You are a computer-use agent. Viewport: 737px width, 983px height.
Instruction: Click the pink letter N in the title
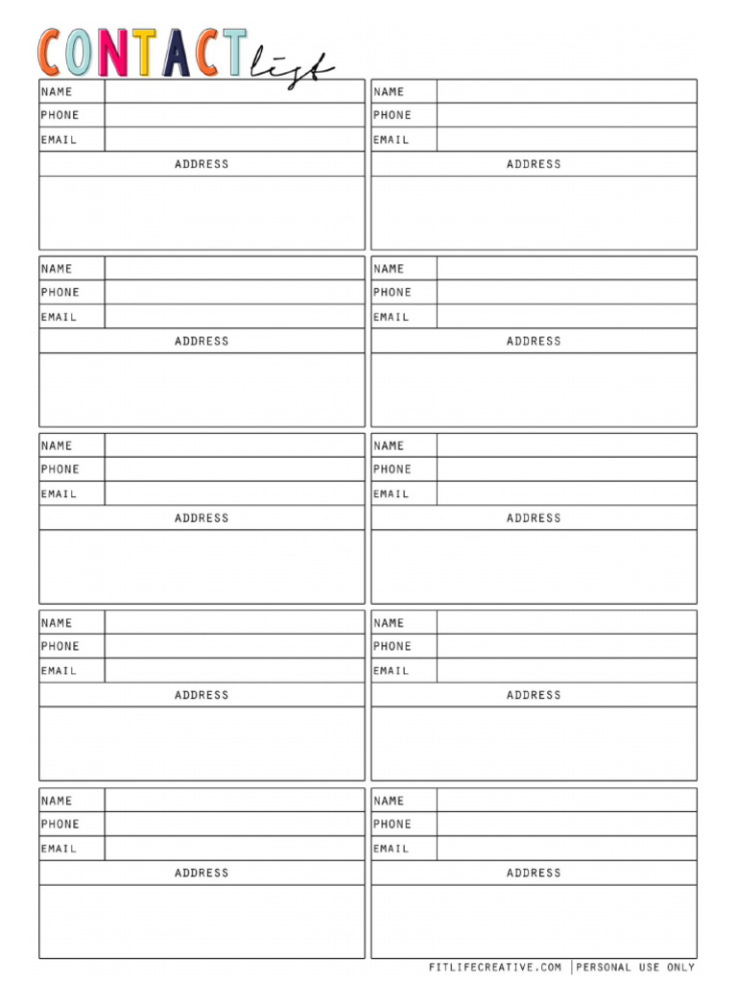[x=112, y=54]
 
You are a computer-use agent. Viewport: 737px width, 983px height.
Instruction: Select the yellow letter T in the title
[x=144, y=54]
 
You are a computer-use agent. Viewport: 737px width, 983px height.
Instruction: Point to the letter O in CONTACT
[x=81, y=54]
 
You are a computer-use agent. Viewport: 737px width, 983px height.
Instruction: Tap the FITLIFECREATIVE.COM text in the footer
[x=495, y=967]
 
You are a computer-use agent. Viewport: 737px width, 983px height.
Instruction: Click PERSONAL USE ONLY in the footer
[x=635, y=967]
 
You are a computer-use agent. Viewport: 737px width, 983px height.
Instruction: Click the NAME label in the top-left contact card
[x=57, y=92]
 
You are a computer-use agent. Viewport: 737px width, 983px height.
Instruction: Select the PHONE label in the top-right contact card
[x=392, y=115]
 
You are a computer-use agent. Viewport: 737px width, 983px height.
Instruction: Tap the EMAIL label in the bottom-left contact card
[x=59, y=849]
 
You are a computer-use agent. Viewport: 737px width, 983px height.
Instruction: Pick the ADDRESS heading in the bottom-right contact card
[x=534, y=873]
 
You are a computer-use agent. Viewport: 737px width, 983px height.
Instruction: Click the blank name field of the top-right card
[x=566, y=91]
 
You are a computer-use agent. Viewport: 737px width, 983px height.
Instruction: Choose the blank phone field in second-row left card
[x=234, y=292]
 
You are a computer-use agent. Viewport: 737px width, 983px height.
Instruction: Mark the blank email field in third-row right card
[x=566, y=493]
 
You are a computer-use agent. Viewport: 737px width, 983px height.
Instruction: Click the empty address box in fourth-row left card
[x=202, y=743]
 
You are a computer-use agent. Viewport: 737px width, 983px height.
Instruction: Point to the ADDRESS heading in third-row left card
[x=202, y=518]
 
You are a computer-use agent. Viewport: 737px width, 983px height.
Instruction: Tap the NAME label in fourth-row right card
[x=389, y=623]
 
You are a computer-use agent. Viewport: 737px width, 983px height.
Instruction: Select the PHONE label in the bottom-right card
[x=392, y=824]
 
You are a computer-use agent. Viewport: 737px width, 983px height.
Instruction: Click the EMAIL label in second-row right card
[x=391, y=317]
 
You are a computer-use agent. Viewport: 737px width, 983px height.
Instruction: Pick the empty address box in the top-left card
[x=202, y=212]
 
